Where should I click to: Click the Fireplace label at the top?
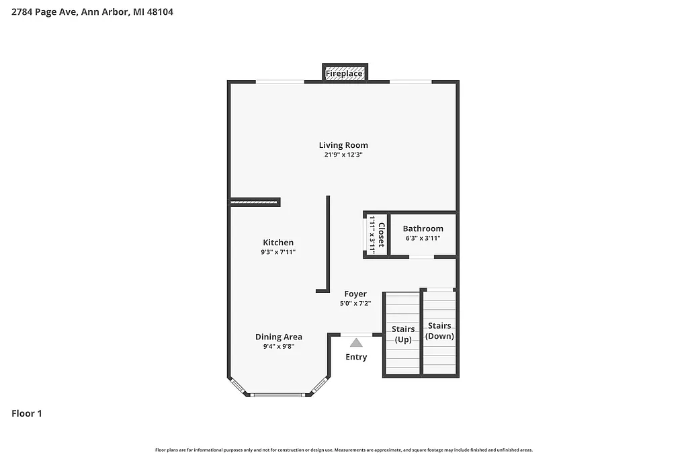[344, 73]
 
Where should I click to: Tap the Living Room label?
[343, 145]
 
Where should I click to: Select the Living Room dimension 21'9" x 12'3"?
[343, 155]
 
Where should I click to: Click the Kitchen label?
[278, 243]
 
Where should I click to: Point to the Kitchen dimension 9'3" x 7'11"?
[278, 252]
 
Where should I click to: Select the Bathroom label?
[423, 228]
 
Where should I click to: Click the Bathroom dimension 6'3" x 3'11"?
[423, 238]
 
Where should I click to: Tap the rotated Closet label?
[381, 235]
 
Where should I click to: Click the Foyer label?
[355, 294]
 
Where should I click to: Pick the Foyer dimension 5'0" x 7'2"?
[355, 303]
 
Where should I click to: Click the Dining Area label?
[278, 337]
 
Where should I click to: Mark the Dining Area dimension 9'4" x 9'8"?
[278, 347]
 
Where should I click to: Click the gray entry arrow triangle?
[356, 343]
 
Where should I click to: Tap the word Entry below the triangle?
[356, 357]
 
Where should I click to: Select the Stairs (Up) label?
[403, 334]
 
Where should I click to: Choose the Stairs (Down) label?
[440, 331]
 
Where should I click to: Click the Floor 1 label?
[27, 414]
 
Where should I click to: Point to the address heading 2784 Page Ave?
[93, 11]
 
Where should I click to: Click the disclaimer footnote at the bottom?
[343, 450]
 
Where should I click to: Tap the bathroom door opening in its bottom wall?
[422, 257]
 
